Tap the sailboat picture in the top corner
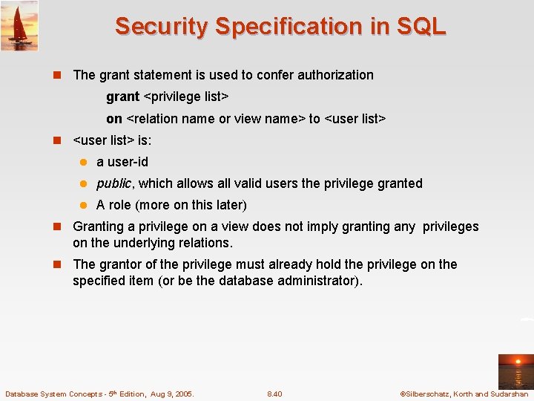point(19,25)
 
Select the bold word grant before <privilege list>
point(122,97)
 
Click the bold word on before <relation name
point(113,119)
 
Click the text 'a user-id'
point(122,162)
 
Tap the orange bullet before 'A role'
point(85,206)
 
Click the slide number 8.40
point(274,394)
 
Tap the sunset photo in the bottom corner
point(515,371)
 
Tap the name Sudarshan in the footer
point(509,394)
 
